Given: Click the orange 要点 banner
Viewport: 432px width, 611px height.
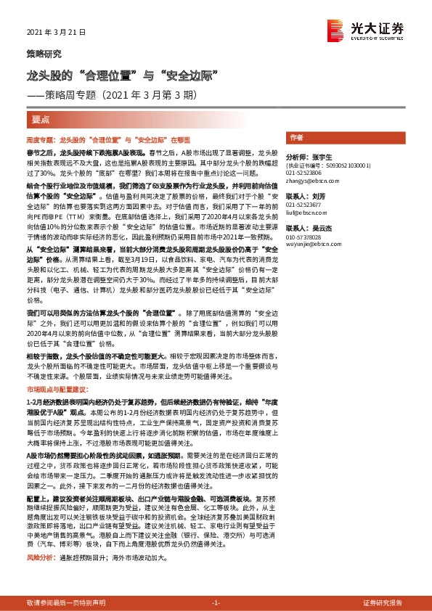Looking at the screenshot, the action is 41,119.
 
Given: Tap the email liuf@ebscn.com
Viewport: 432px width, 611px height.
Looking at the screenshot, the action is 304,213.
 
